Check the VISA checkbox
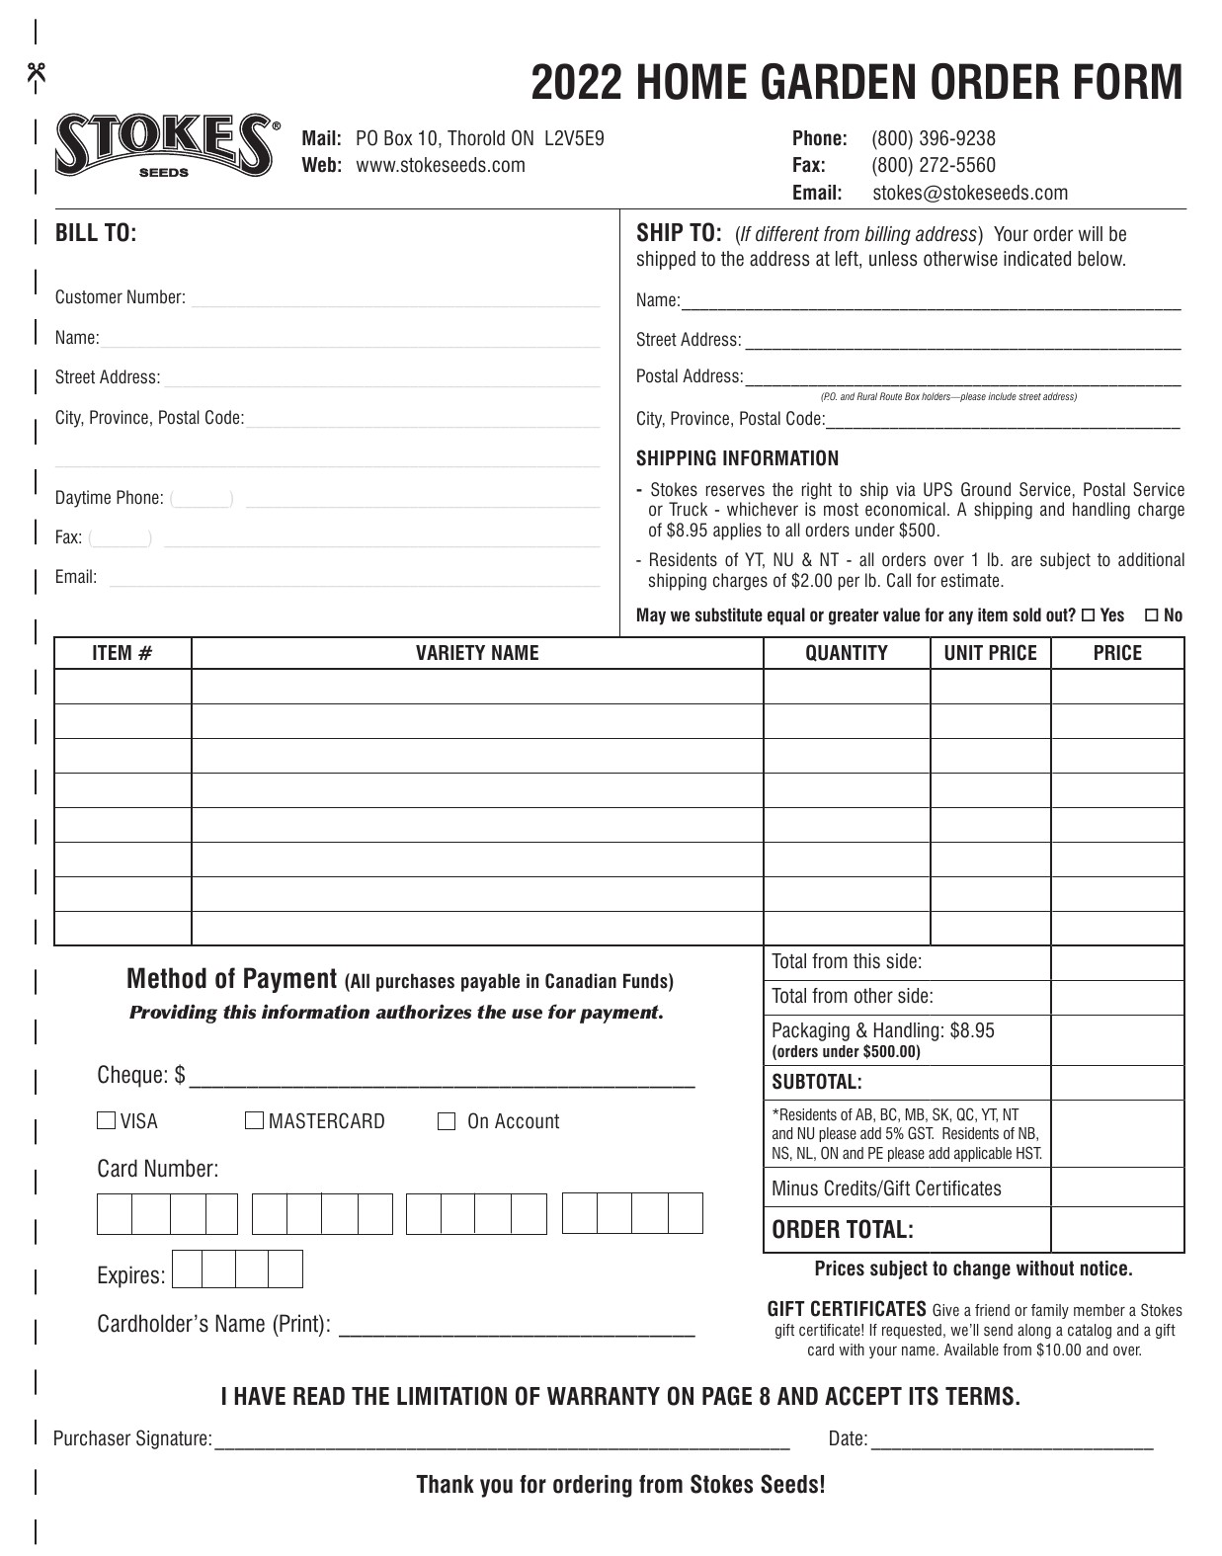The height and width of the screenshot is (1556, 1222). pos(106,1120)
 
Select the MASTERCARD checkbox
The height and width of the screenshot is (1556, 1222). pos(254,1120)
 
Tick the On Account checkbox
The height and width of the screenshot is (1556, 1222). pos(447,1121)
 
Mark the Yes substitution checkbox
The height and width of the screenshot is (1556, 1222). pos(1088,615)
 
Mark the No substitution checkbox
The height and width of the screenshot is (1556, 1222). pos(1151,615)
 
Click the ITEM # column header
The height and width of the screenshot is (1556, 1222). pos(122,653)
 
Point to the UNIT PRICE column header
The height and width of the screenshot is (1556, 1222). pos(990,653)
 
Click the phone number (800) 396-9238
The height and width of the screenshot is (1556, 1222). pos(933,138)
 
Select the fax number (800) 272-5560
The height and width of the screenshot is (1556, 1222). pos(933,165)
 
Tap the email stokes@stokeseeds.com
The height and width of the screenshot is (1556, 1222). pos(969,193)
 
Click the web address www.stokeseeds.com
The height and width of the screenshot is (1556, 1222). pos(440,165)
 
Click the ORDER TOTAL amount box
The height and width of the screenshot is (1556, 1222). pos(1116,1229)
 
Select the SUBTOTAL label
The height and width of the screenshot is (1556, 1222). pos(816,1082)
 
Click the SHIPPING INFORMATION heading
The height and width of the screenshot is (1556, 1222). pos(737,458)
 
